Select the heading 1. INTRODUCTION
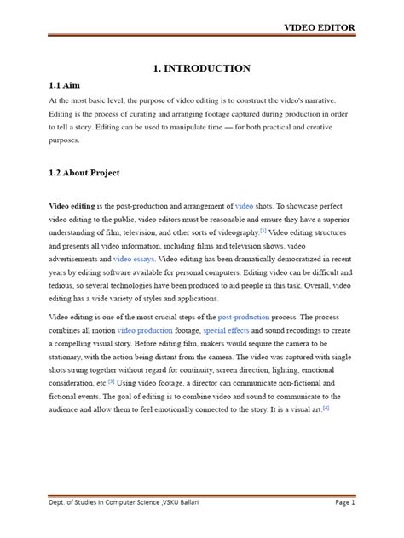(x=201, y=68)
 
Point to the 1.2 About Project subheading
(x=84, y=173)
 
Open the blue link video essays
(x=133, y=257)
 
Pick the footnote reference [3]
(x=111, y=381)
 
